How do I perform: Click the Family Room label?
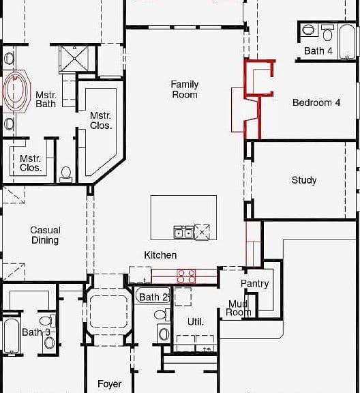(185, 89)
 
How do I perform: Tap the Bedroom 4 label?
(316, 102)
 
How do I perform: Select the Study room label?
(304, 180)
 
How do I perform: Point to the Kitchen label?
(160, 255)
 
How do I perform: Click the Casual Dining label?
(46, 235)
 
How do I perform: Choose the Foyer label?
(110, 384)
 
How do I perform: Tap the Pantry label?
(255, 283)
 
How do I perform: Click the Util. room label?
(196, 321)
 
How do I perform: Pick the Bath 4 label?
(318, 51)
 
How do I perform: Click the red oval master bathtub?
(15, 91)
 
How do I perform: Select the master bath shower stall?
(74, 59)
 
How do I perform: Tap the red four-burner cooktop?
(186, 276)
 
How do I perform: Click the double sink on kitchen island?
(183, 233)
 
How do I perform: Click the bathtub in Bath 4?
(347, 42)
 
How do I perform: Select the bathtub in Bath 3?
(12, 336)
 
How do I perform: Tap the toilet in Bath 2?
(162, 315)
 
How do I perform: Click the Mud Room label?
(238, 308)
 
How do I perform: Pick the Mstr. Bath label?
(46, 99)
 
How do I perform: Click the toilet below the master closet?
(66, 173)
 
